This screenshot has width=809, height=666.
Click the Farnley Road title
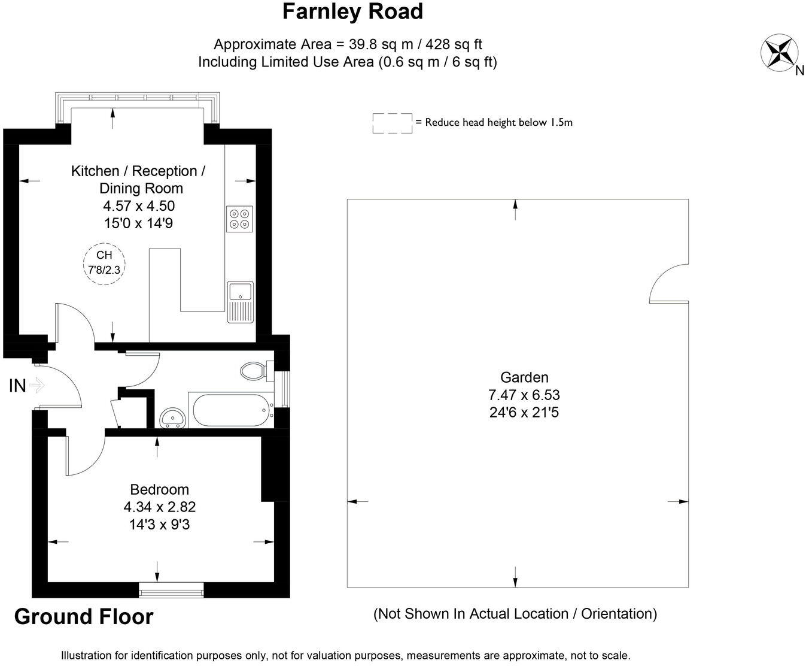(x=352, y=11)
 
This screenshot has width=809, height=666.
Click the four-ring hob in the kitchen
(x=239, y=219)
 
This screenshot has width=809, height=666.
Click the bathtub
(x=230, y=410)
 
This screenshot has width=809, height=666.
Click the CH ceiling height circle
(x=104, y=264)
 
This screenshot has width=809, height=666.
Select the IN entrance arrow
(x=37, y=385)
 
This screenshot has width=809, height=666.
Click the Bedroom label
(x=159, y=489)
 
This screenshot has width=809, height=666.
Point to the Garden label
(x=524, y=377)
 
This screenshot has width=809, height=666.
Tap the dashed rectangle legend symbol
(x=393, y=123)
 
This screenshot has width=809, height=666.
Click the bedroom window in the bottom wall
(x=171, y=590)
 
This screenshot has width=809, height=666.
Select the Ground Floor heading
(x=84, y=617)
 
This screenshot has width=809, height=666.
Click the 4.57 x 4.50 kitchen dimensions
(x=139, y=206)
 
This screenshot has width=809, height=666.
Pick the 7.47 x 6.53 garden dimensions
(x=524, y=395)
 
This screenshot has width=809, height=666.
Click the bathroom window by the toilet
(x=285, y=389)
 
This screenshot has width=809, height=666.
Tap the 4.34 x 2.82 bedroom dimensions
(x=160, y=507)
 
